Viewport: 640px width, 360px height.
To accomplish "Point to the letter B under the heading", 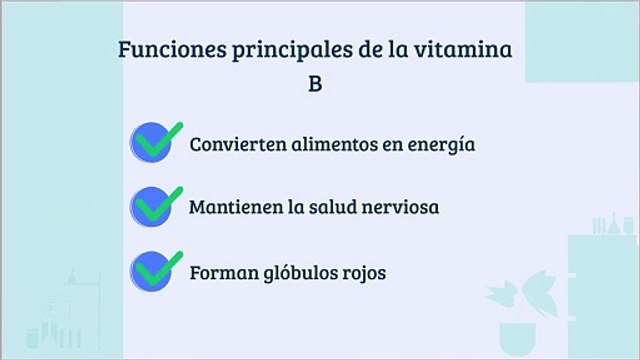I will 314,85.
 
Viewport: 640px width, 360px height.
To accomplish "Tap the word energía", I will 440,144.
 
